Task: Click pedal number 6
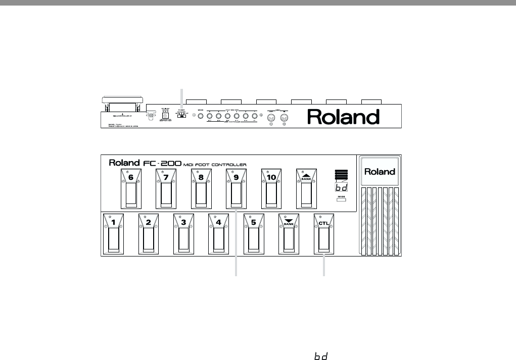tap(131, 189)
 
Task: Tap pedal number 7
tap(166, 189)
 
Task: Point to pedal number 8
tap(201, 189)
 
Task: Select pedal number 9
tap(236, 189)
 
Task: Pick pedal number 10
tap(271, 189)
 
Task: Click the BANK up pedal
tap(306, 189)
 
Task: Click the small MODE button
tap(342, 200)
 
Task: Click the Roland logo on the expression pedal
tap(380, 172)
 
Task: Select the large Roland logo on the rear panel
tap(344, 117)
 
